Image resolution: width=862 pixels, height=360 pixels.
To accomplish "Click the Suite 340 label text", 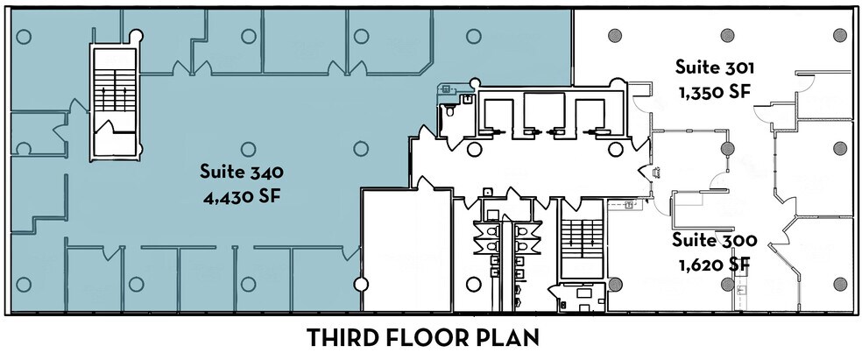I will pyautogui.click(x=240, y=170).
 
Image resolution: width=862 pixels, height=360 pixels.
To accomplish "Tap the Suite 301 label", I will pyautogui.click(x=714, y=67).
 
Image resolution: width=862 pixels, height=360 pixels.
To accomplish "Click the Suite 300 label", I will pyautogui.click(x=714, y=238).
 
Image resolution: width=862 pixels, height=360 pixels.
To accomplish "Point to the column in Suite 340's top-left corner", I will pyautogui.click(x=25, y=36).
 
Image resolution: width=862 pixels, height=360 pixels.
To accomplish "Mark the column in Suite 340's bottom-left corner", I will pyautogui.click(x=25, y=284).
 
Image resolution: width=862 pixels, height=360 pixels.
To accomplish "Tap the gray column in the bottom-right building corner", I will pyautogui.click(x=840, y=284).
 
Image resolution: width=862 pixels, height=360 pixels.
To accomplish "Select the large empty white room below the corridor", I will pyautogui.click(x=406, y=250).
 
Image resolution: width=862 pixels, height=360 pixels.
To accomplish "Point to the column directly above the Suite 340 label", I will pyautogui.click(x=246, y=145).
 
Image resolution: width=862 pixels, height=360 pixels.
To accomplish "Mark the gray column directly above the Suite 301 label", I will pyautogui.click(x=727, y=36).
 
